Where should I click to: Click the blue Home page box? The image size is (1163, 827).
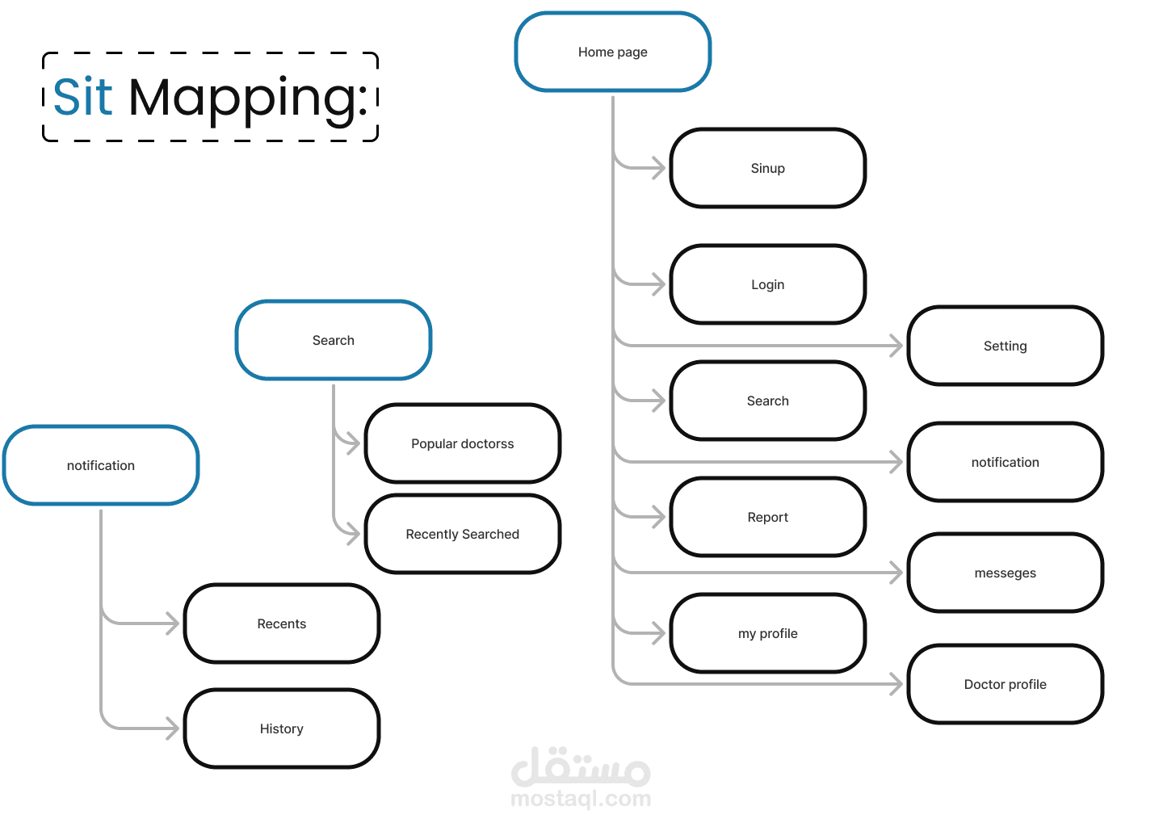tap(612, 52)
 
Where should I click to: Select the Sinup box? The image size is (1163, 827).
tap(767, 168)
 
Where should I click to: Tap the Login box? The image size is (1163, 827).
tap(767, 284)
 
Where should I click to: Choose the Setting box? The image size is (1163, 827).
tap(1005, 346)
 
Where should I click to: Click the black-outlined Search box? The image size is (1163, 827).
tap(767, 401)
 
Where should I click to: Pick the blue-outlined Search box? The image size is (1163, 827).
tap(333, 340)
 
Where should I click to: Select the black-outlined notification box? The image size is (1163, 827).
tap(1005, 462)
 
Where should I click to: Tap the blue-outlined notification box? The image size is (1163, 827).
tap(101, 465)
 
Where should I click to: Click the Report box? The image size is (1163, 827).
tap(767, 517)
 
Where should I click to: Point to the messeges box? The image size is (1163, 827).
tap(1005, 573)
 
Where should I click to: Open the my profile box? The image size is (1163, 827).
tap(767, 633)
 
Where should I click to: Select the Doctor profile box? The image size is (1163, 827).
tap(1005, 684)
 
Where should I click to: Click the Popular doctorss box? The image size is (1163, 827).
tap(462, 443)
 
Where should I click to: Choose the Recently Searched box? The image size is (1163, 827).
tap(462, 534)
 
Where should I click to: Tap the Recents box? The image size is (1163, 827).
tap(281, 623)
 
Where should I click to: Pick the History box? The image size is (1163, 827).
tap(281, 728)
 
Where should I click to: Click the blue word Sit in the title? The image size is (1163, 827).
tap(82, 98)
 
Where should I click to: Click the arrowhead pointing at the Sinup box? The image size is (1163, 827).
tap(659, 168)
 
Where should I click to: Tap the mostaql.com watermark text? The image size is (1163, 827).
tap(581, 799)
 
